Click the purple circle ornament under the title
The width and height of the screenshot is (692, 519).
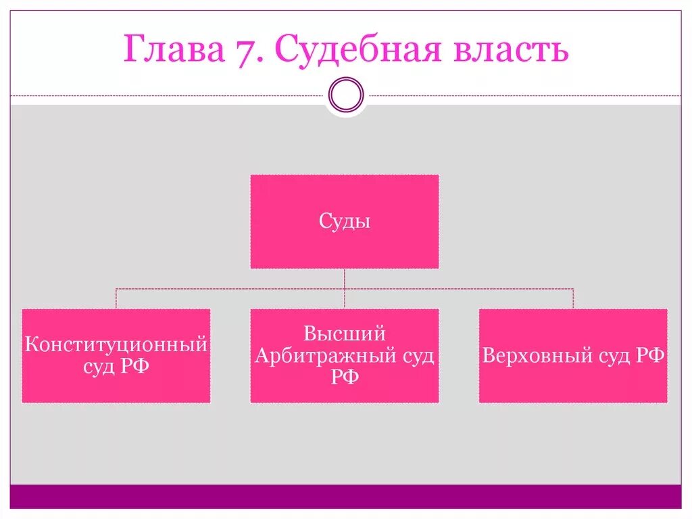[346, 94]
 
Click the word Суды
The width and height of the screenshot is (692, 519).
[345, 221]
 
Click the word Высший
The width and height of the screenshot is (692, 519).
[345, 334]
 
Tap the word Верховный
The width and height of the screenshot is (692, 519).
[528, 356]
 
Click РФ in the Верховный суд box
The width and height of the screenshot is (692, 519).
[650, 356]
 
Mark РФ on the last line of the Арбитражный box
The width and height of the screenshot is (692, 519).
[345, 378]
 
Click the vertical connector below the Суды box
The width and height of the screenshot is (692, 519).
[345, 279]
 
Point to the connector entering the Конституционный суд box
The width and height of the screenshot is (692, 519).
[116, 299]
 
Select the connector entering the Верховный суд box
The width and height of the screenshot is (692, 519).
[573, 299]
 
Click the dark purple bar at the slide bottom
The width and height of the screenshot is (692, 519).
[346, 496]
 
